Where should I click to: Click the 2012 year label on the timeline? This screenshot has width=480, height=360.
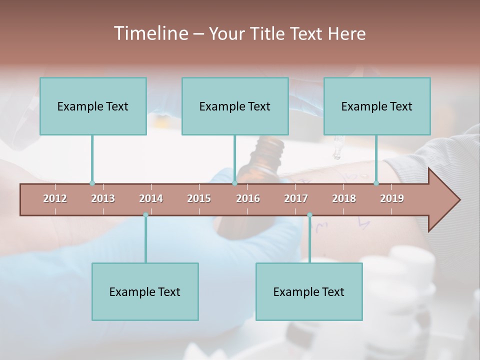tap(55, 198)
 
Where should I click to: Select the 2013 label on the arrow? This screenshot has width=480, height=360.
tap(103, 198)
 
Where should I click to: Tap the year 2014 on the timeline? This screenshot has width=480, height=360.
tap(151, 198)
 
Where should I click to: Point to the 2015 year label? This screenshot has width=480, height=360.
tap(199, 198)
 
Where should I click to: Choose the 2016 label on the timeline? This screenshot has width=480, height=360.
tap(248, 198)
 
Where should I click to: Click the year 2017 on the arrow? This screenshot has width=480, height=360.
tap(296, 198)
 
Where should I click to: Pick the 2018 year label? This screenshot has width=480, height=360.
tap(344, 198)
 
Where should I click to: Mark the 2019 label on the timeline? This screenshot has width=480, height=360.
tap(392, 198)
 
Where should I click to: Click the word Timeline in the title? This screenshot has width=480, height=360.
tap(150, 33)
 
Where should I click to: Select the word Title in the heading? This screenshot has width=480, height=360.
tap(268, 33)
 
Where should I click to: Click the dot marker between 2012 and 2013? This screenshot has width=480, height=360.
tap(92, 183)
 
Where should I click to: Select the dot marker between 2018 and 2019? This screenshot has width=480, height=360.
tap(376, 183)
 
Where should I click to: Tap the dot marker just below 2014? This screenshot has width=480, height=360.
tap(145, 215)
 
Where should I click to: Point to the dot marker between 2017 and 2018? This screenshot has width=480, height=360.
tap(309, 215)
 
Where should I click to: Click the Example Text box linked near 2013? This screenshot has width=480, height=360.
tap(93, 106)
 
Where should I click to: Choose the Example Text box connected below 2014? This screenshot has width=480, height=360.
tap(145, 291)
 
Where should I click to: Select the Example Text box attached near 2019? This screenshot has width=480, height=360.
tap(377, 106)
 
